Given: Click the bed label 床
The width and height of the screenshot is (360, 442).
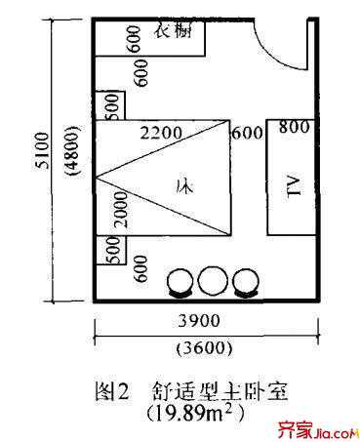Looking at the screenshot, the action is click(x=180, y=182).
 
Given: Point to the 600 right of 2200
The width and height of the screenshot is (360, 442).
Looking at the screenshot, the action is click(x=244, y=133).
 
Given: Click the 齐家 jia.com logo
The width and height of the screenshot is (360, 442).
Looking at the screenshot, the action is click(x=311, y=426).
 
